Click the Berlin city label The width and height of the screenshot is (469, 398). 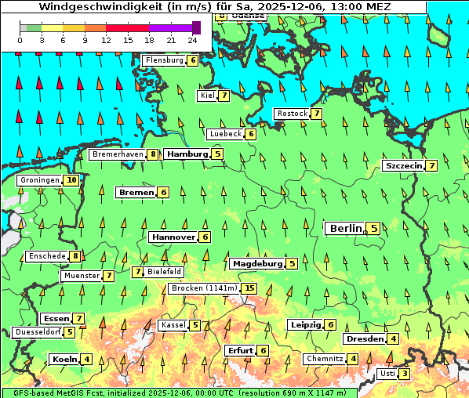pyautogui.click(x=345, y=229)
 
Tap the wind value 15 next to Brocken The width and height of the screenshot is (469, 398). pyautogui.click(x=249, y=288)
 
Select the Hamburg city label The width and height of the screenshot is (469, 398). pyautogui.click(x=187, y=154)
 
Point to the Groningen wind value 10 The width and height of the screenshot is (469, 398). pyautogui.click(x=71, y=180)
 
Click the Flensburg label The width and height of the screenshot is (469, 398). pyautogui.click(x=165, y=60)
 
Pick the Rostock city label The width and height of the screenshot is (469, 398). pyautogui.click(x=292, y=114)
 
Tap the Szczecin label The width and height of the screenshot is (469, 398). pyautogui.click(x=403, y=166)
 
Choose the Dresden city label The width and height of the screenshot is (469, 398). pyautogui.click(x=364, y=339)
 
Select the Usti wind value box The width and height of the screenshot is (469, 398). pyautogui.click(x=404, y=374)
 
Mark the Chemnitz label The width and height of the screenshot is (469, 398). pyautogui.click(x=325, y=359)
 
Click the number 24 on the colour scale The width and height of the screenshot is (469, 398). pyautogui.click(x=193, y=39)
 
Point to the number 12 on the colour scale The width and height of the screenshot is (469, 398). pyautogui.click(x=106, y=39)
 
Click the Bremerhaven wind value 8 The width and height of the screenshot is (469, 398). pyautogui.click(x=153, y=154)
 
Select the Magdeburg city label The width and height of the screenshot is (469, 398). pyautogui.click(x=257, y=264)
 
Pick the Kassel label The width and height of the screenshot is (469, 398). pyautogui.click(x=172, y=325)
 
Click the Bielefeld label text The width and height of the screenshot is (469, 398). pyautogui.click(x=165, y=272)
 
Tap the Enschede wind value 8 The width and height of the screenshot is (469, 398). pyautogui.click(x=75, y=256)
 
